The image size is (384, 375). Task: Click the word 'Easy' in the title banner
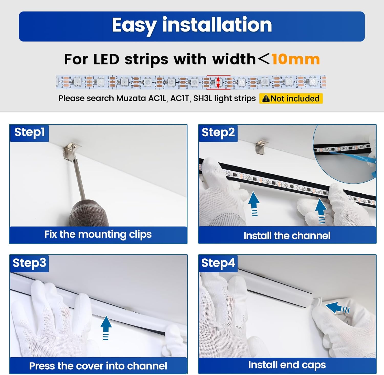(x=134, y=26)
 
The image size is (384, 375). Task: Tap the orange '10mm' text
(x=296, y=59)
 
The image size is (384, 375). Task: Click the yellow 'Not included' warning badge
(x=291, y=98)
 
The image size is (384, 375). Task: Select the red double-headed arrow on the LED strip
(x=218, y=82)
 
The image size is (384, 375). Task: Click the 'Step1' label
(x=29, y=133)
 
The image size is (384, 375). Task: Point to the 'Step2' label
(x=218, y=133)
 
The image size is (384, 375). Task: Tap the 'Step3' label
(x=29, y=263)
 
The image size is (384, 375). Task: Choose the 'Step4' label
(x=218, y=263)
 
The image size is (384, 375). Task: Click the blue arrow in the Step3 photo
(x=106, y=327)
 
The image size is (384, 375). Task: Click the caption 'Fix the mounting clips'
(x=98, y=235)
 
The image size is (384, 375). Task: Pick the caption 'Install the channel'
(x=287, y=236)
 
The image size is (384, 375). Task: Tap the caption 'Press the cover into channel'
(x=98, y=366)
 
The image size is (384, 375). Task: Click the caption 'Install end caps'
(x=287, y=365)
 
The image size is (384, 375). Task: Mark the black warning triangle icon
(x=266, y=99)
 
